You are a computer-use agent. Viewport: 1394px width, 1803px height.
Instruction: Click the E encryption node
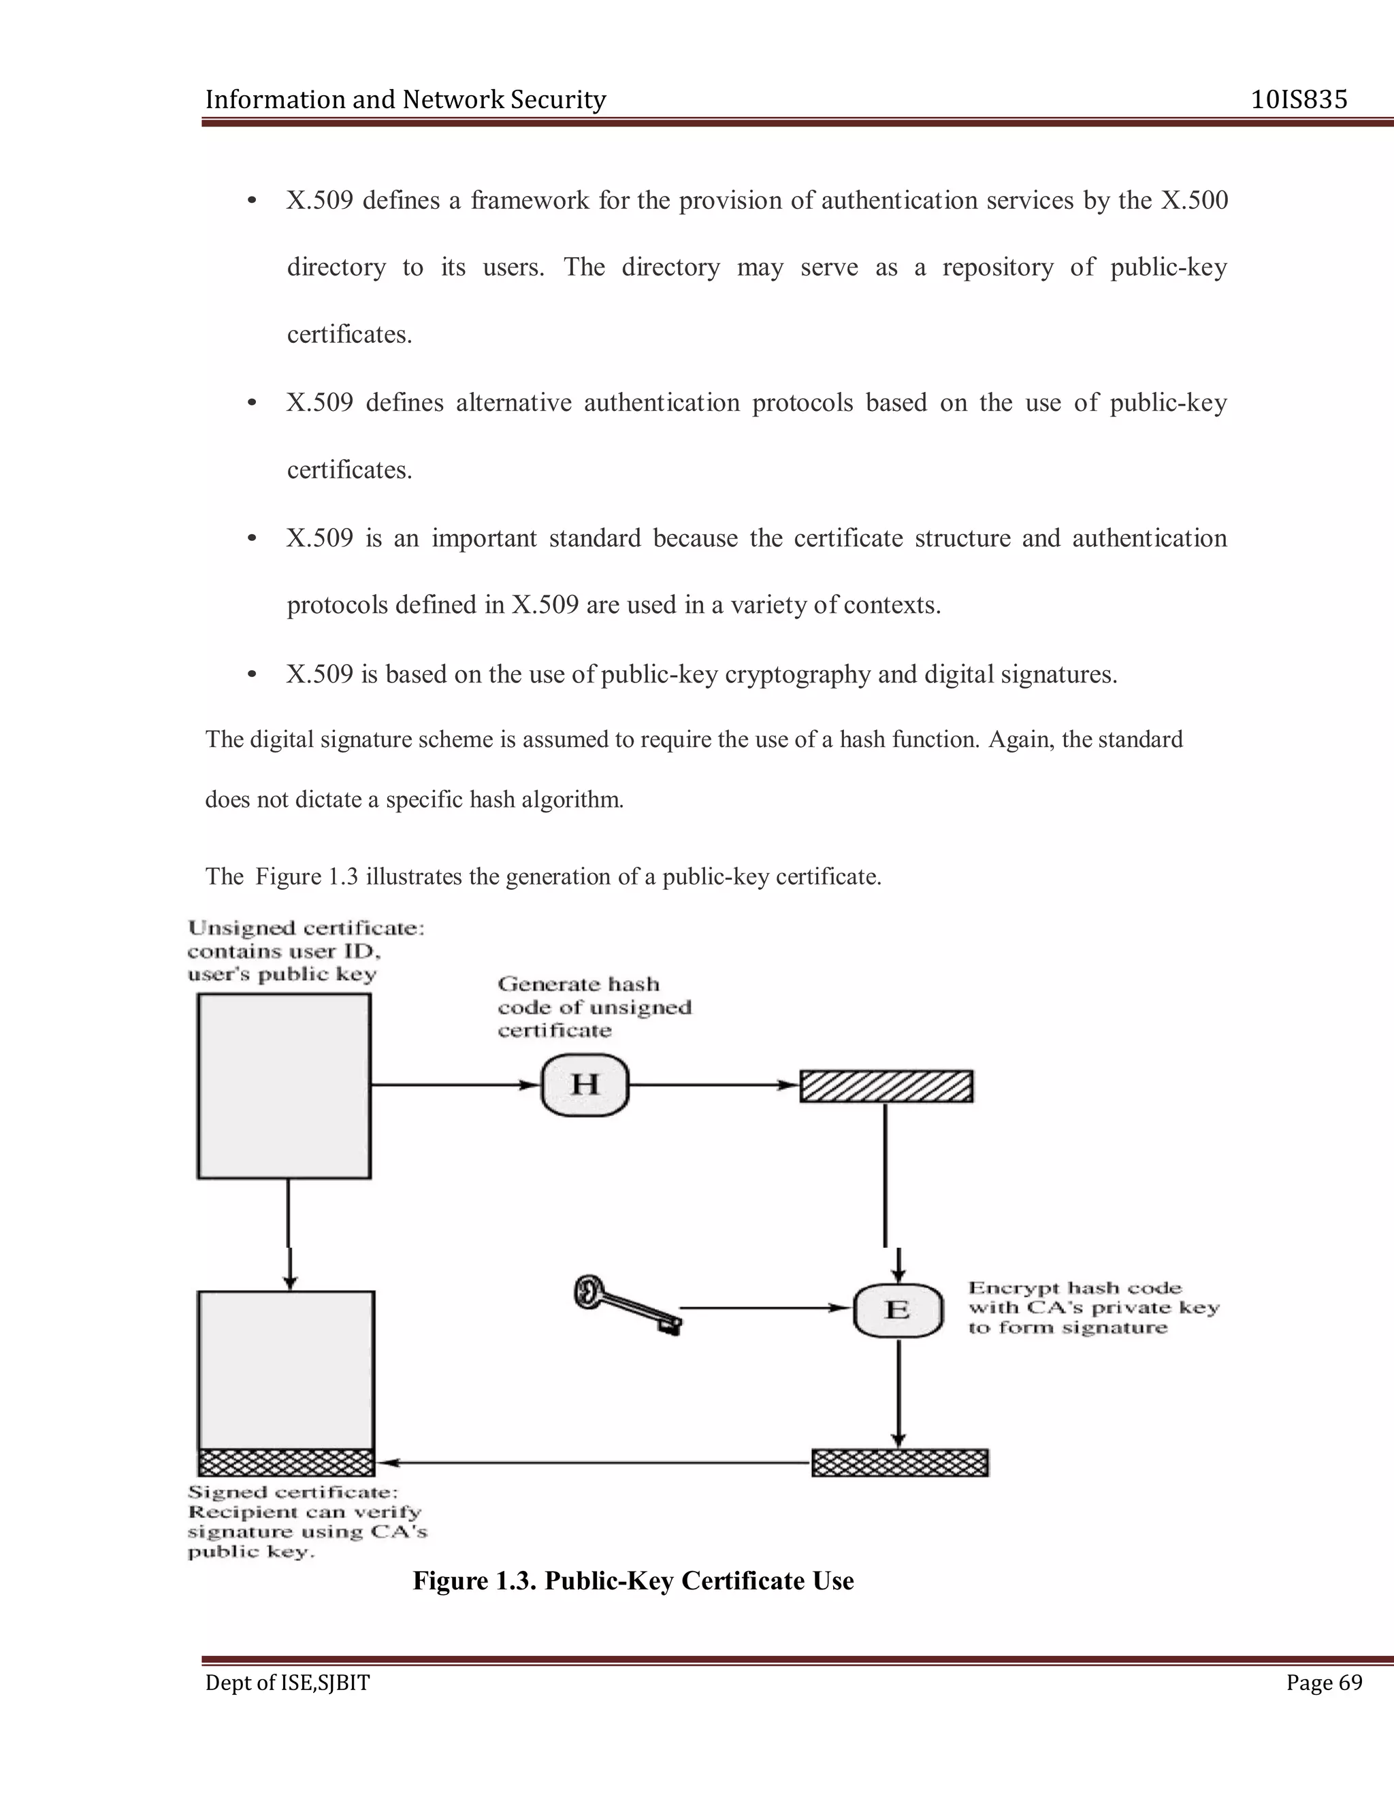(898, 1310)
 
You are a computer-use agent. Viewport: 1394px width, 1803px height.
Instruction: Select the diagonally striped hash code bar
(886, 1087)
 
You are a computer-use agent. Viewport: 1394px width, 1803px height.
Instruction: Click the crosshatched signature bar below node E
(900, 1463)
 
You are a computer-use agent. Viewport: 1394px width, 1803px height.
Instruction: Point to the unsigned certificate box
(283, 1086)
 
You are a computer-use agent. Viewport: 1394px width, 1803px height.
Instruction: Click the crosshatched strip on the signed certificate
(286, 1463)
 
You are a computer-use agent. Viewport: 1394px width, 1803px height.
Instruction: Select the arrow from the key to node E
(764, 1308)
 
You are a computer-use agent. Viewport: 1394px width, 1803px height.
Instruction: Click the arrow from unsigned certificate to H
(454, 1086)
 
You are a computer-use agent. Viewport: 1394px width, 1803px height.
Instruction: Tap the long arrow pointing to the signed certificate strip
(595, 1463)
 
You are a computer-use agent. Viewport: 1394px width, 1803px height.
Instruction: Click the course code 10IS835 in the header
(1298, 100)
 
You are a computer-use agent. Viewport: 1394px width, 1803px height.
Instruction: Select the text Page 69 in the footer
(1324, 1683)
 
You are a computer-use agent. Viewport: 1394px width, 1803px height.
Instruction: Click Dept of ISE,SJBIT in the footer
(287, 1683)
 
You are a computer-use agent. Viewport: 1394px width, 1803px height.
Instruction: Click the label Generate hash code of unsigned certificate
(594, 1007)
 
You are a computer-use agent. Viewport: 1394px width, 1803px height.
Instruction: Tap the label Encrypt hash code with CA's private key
(1092, 1308)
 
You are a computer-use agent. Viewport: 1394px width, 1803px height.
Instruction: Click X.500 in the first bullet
(1194, 201)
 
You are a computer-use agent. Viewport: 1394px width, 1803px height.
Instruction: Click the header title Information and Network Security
(405, 100)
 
